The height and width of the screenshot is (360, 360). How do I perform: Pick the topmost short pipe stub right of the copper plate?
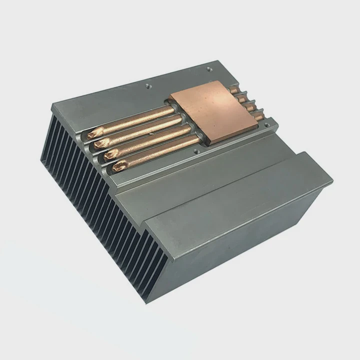234,90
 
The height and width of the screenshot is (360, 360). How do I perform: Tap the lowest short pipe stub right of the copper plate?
258,116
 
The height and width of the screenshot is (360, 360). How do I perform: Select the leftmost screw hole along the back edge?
147,85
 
